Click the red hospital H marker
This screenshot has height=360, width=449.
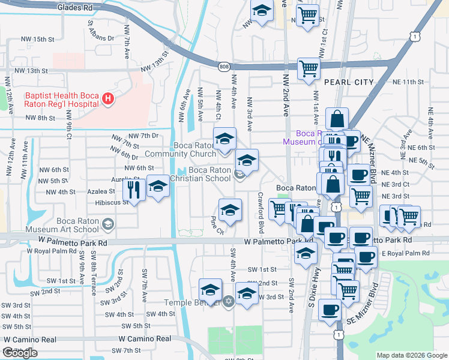[x=108, y=99]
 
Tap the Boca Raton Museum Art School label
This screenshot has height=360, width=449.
[x=78, y=225]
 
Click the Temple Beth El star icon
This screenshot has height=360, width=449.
[x=228, y=301]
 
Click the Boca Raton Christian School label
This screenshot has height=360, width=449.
[x=201, y=174]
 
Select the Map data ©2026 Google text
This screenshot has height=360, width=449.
[x=411, y=355]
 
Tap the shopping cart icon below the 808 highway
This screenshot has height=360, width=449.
[x=309, y=68]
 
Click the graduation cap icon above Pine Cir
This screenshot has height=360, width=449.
[x=230, y=210]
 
